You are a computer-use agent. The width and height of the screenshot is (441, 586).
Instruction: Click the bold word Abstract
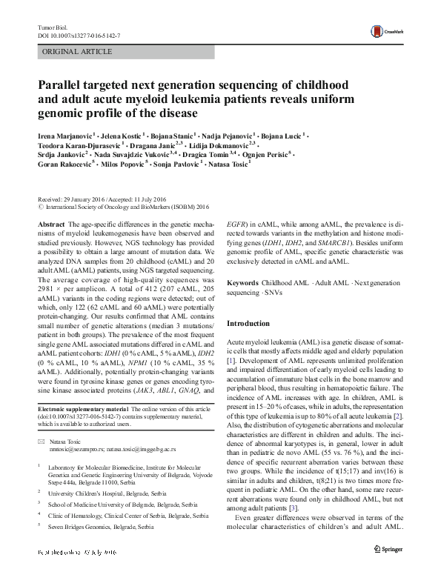50,223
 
